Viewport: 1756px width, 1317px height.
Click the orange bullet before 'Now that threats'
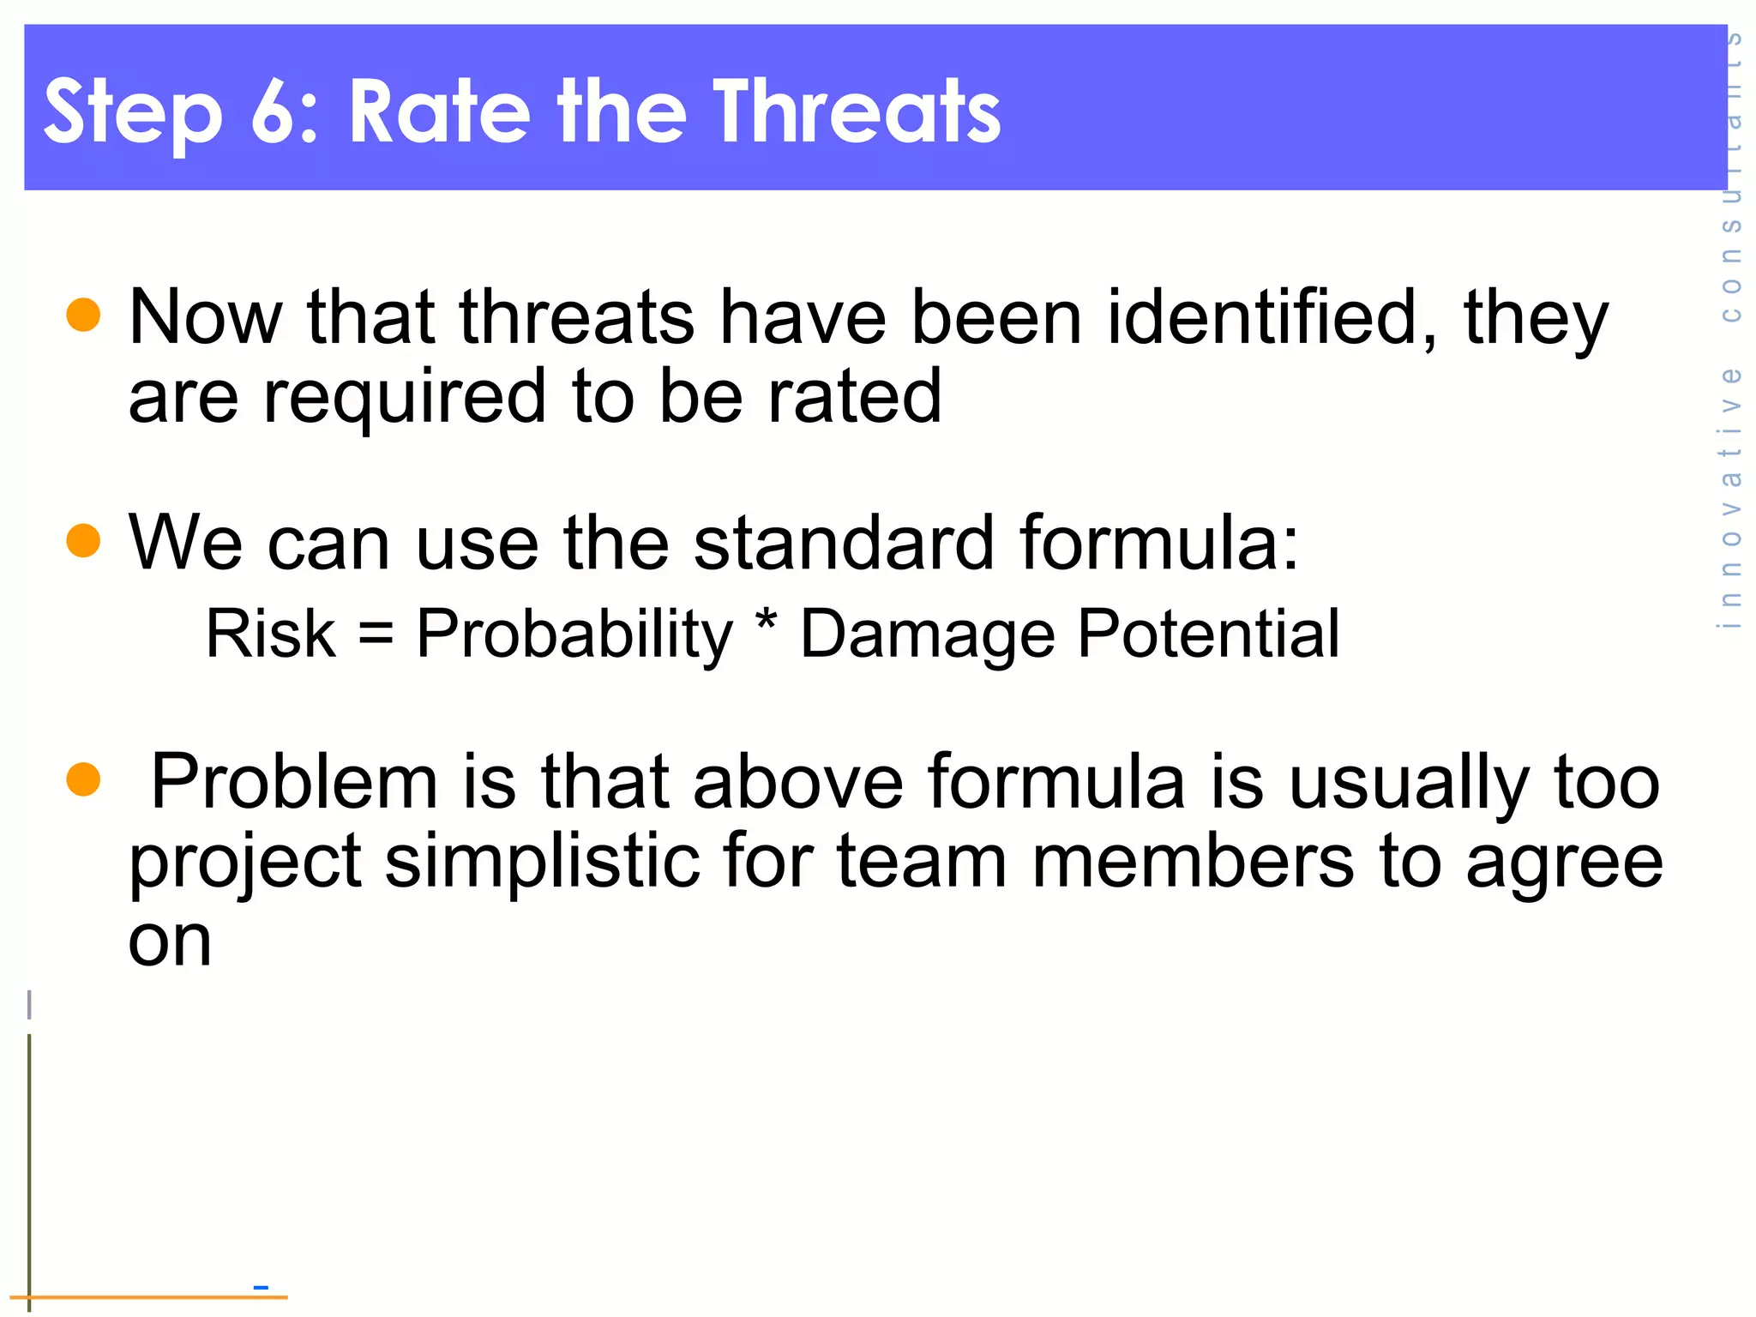(x=83, y=314)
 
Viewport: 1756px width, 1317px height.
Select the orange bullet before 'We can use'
(x=83, y=540)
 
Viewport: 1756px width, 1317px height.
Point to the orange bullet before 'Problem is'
(x=83, y=779)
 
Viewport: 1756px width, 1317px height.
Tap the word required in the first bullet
(x=404, y=397)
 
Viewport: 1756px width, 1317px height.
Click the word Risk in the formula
(x=271, y=634)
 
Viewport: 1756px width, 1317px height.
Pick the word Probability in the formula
(x=574, y=635)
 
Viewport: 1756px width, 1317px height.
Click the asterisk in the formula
(x=766, y=622)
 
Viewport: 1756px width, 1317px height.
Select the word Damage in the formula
(x=927, y=635)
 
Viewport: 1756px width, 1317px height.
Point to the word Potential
(x=1208, y=634)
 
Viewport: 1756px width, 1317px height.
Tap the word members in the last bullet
(x=1192, y=862)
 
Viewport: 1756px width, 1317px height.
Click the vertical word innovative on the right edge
(x=1731, y=497)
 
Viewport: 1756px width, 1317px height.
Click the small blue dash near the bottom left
(x=262, y=1287)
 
